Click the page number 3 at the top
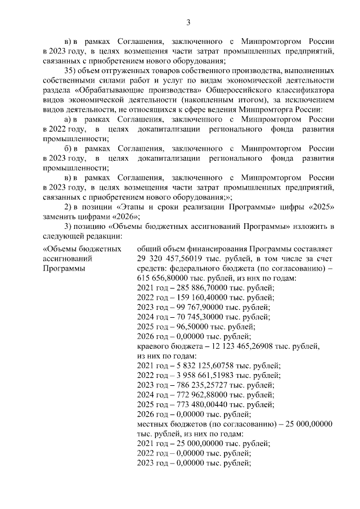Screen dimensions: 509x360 (188, 22)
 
